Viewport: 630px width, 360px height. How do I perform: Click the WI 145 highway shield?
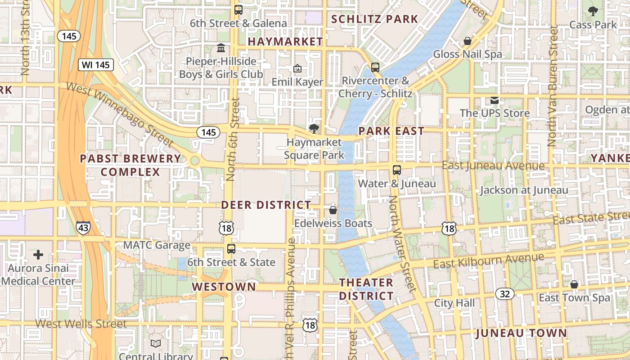[96, 65]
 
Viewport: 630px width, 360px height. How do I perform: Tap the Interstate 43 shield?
[83, 228]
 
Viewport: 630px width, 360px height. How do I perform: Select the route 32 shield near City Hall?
[505, 294]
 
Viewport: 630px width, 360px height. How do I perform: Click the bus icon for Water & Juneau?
[397, 170]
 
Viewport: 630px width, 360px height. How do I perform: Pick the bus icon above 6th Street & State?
[231, 248]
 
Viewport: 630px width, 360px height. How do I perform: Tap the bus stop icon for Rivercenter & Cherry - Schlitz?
[375, 67]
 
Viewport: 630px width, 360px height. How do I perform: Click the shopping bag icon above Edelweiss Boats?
[333, 210]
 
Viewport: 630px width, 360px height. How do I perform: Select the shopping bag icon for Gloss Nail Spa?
[468, 41]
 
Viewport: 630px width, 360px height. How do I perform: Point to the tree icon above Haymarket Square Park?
[314, 129]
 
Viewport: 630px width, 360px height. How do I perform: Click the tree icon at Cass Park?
[593, 11]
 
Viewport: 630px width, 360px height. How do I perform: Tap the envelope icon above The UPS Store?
[495, 100]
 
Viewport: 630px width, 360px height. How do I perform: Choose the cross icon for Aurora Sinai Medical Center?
[38, 255]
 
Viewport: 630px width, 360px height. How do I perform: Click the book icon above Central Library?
[156, 344]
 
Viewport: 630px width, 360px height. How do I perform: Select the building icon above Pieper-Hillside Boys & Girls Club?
[221, 48]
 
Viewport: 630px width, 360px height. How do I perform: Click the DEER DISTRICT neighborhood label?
[266, 205]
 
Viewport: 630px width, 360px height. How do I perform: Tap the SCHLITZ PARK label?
[375, 19]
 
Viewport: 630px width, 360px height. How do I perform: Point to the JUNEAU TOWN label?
[521, 333]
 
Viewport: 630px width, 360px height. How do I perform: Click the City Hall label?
[454, 303]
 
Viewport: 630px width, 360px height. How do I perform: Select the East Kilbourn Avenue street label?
[488, 261]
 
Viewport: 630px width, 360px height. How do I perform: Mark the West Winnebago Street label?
[120, 114]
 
